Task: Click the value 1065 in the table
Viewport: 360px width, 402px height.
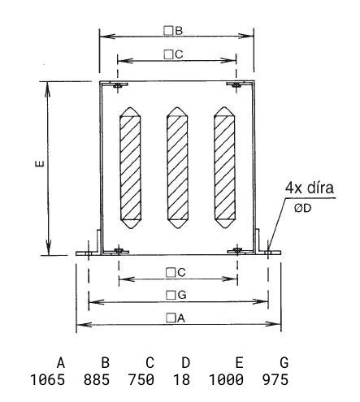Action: [48, 379]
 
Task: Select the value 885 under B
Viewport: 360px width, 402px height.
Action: [97, 379]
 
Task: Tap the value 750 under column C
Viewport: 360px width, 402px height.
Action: [141, 379]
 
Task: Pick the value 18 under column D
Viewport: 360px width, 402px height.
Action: [181, 379]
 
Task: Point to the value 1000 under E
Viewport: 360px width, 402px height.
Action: [226, 379]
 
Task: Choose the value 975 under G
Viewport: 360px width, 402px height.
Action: [275, 379]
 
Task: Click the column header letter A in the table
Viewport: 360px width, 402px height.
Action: [61, 362]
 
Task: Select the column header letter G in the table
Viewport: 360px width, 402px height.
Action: [284, 362]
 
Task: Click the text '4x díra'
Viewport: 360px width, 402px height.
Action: [310, 188]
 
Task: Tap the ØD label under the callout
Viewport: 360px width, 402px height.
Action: [303, 208]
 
